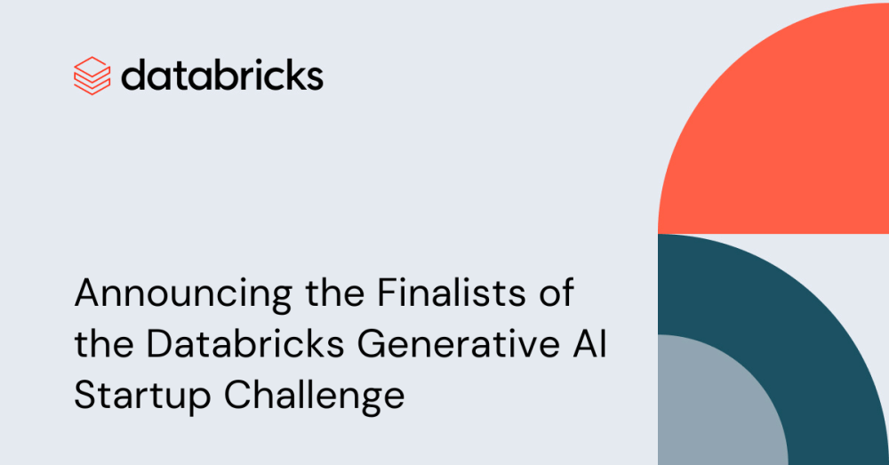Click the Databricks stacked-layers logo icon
(x=92, y=76)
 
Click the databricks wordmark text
(x=221, y=76)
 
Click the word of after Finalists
(x=553, y=293)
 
